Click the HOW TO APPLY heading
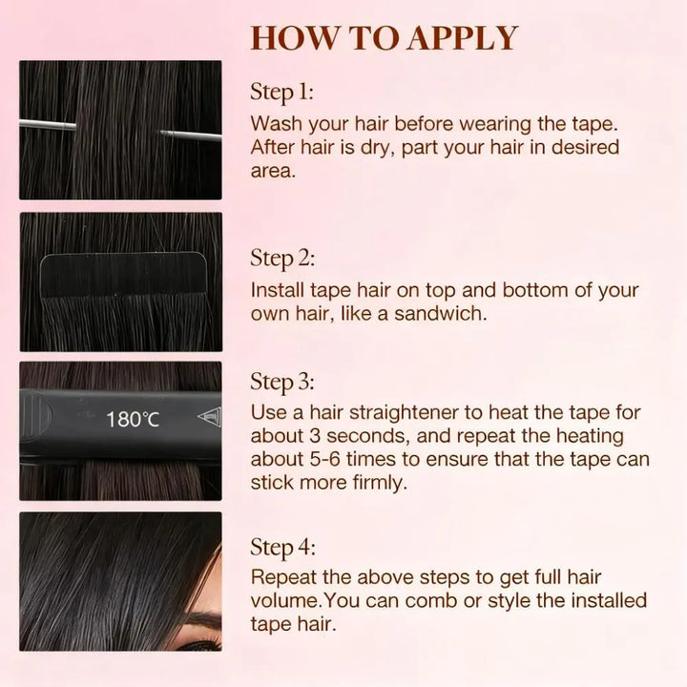click(x=385, y=38)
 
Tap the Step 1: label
click(x=281, y=93)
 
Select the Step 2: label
click(x=282, y=259)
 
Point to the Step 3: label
click(x=282, y=382)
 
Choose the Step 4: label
click(x=282, y=548)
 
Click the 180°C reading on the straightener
click(x=133, y=419)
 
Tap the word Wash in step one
click(x=277, y=124)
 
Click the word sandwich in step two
click(x=440, y=314)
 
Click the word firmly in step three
click(x=380, y=483)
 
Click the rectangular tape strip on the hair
click(x=123, y=275)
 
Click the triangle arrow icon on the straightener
click(x=210, y=416)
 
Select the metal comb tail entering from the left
click(x=48, y=125)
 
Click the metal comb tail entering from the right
click(x=192, y=135)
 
